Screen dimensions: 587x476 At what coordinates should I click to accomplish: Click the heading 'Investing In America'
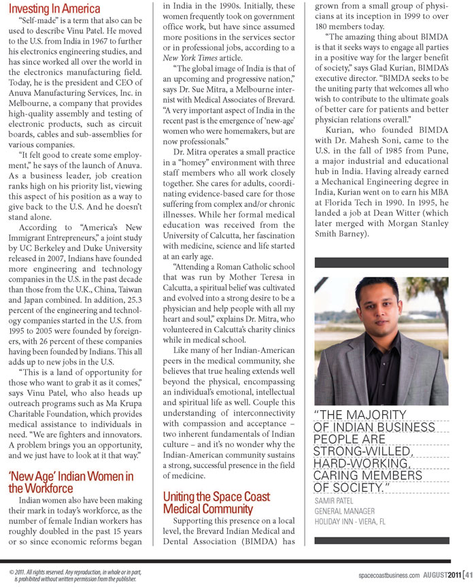pos(54,10)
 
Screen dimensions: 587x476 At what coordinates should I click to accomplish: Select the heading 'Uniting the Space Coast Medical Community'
pos(216,503)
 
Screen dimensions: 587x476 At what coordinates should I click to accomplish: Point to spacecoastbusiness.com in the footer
pos(390,575)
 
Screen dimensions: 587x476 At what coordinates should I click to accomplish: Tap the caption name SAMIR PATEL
pos(337,502)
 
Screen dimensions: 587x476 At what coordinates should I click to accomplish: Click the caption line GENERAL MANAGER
pos(346,511)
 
